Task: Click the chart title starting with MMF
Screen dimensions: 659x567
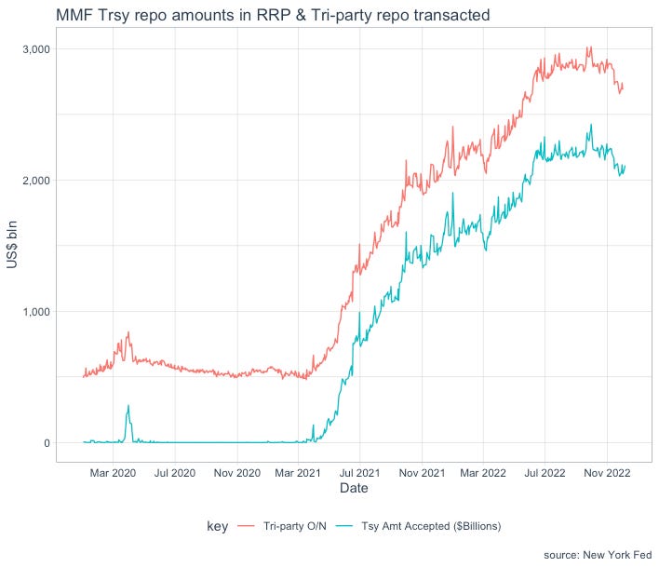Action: click(273, 15)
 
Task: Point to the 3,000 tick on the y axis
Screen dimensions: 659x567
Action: click(36, 49)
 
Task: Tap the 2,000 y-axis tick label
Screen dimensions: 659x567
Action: click(36, 181)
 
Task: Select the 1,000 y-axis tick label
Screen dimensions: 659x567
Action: click(36, 312)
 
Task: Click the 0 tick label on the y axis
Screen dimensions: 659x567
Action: click(47, 443)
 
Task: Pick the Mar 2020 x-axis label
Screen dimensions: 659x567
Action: click(113, 473)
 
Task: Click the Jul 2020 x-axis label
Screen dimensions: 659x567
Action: click(175, 473)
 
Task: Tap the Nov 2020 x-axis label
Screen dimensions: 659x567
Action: click(237, 473)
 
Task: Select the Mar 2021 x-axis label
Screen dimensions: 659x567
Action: click(298, 473)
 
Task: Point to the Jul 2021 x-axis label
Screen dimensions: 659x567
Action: click(360, 473)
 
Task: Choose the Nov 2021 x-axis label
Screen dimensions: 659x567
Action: click(422, 473)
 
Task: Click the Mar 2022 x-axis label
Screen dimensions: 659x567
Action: click(483, 473)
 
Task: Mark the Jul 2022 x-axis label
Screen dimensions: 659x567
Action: click(545, 473)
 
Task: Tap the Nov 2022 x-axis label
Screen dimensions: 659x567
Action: click(607, 473)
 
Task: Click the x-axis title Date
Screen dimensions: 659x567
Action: click(354, 488)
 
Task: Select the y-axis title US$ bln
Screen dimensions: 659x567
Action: click(12, 245)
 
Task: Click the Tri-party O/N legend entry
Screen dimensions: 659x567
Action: click(282, 526)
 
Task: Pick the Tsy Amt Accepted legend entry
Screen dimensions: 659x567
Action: click(419, 526)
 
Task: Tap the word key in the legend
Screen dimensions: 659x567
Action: click(217, 526)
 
